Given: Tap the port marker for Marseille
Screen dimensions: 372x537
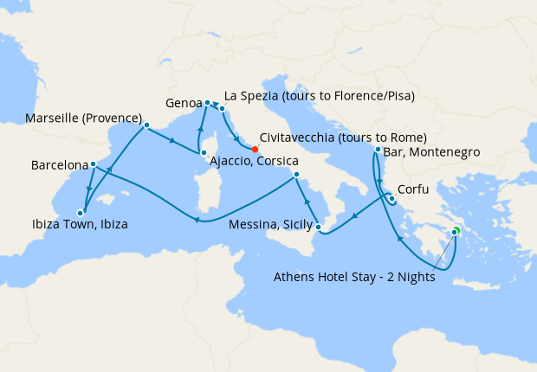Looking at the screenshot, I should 146,125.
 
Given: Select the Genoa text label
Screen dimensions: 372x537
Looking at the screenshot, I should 183,102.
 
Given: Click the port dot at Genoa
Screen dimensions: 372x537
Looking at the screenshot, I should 208,103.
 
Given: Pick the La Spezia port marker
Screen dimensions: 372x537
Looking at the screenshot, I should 223,109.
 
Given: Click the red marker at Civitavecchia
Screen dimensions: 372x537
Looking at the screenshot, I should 255,149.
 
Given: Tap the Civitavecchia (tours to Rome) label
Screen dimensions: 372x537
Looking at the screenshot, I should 343,138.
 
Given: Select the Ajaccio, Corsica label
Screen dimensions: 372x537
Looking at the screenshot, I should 256,162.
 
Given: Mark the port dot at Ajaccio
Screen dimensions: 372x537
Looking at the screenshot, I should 204,154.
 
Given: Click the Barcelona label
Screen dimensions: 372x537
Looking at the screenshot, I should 59,164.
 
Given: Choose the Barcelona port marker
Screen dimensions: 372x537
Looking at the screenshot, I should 93,164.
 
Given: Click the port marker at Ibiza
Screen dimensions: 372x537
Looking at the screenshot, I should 80,211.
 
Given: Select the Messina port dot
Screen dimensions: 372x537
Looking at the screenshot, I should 319,228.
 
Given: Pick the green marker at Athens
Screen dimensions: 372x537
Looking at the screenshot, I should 455,231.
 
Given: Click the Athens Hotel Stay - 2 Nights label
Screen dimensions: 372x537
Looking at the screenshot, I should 353,278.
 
